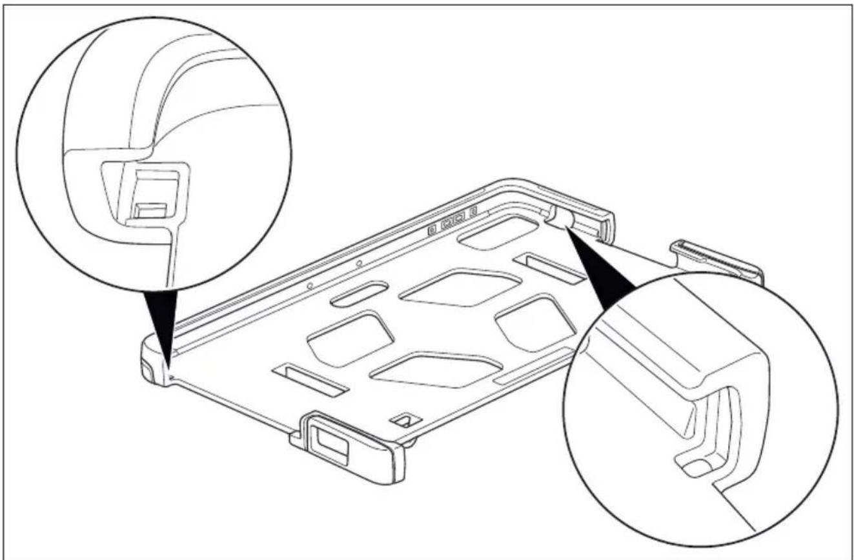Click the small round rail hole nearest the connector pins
coord(359,264)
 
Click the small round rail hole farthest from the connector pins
coord(310,285)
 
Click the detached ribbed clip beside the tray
coord(717,261)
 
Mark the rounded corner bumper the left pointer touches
coord(154,361)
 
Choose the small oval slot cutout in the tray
coord(359,294)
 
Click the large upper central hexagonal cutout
coord(460,287)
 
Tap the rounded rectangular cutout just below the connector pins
coord(497,232)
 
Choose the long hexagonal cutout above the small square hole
coord(436,370)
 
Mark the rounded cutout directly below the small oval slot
coord(350,338)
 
